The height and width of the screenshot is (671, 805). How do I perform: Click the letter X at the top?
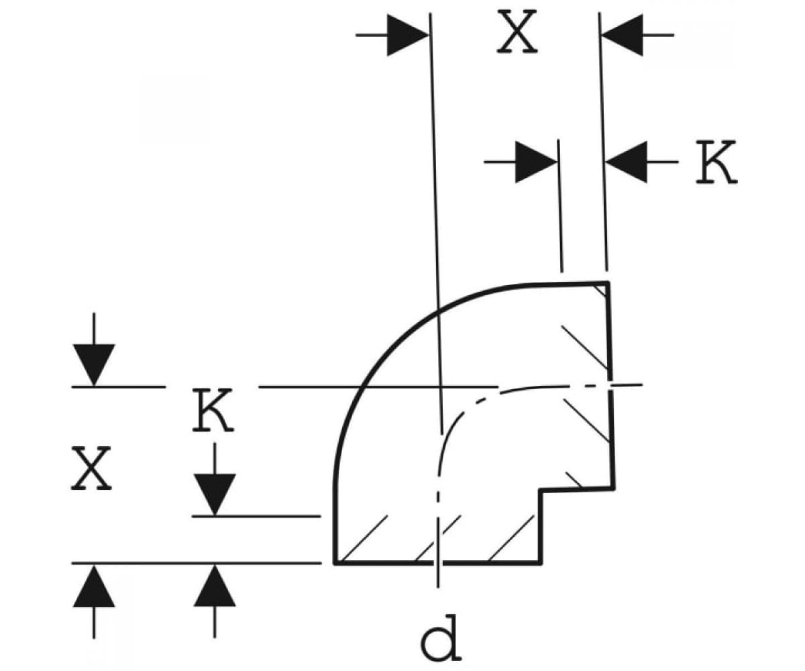coord(517,32)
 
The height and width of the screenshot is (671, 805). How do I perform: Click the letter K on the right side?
coord(716,162)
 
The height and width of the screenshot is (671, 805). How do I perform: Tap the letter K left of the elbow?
coord(213,410)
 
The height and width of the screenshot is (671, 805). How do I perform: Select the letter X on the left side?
coord(91,468)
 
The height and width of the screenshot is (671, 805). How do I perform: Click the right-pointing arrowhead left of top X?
coord(408,35)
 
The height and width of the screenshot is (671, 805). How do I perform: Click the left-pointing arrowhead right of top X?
coord(622,35)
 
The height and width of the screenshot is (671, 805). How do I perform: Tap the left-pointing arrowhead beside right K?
coord(626,162)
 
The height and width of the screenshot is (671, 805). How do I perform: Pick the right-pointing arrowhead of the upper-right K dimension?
coord(536,162)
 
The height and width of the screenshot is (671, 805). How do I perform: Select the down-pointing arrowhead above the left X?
coord(94,365)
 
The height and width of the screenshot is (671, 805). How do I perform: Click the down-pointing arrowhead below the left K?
coord(215,495)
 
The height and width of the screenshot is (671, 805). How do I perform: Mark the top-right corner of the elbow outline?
coord(608,282)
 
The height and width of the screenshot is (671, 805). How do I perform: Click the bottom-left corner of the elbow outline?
coord(335,564)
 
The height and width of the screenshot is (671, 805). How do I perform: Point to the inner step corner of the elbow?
coord(541,491)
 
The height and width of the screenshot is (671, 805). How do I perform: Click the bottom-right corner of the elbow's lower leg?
coord(541,564)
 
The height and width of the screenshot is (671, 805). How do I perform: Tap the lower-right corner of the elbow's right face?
coord(614,488)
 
